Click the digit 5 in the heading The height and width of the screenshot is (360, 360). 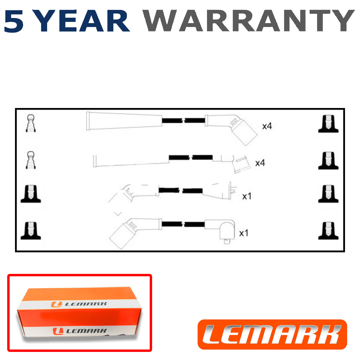coord(14,21)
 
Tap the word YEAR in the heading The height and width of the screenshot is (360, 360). coord(82,21)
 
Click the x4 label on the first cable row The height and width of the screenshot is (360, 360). coord(267,126)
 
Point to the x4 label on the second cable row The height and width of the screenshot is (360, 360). coord(260,163)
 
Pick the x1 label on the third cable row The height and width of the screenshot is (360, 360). coord(247,196)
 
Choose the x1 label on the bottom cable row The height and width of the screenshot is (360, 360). coord(244,233)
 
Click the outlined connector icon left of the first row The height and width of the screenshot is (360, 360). coord(31,124)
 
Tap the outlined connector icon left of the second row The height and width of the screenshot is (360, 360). coord(31,160)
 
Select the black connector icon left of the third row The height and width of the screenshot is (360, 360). coord(31,194)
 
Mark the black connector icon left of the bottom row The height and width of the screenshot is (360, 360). coord(31,230)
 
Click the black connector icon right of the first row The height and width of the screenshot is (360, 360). coord(328,124)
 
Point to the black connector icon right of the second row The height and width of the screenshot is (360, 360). coord(328,160)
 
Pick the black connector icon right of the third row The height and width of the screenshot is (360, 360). coord(328,194)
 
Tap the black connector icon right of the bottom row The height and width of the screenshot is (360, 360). coord(328,230)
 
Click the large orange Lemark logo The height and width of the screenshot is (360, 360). coord(272,334)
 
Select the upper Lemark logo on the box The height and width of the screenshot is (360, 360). coord(79,304)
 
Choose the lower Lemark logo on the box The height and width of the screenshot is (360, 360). coord(80,331)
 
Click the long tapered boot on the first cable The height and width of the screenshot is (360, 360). coord(124,121)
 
